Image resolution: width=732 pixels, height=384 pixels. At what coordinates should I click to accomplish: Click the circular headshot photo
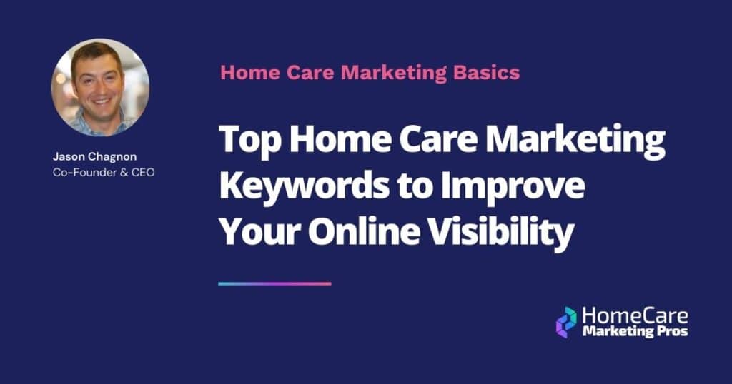click(100, 87)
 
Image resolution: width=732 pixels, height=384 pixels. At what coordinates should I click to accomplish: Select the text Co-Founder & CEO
click(103, 172)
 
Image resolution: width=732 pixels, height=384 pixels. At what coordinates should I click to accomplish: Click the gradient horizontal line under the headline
click(274, 283)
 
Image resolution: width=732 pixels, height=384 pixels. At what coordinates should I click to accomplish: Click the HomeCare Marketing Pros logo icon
click(566, 322)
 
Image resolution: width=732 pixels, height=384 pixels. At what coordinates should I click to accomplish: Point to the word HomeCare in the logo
click(635, 316)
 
